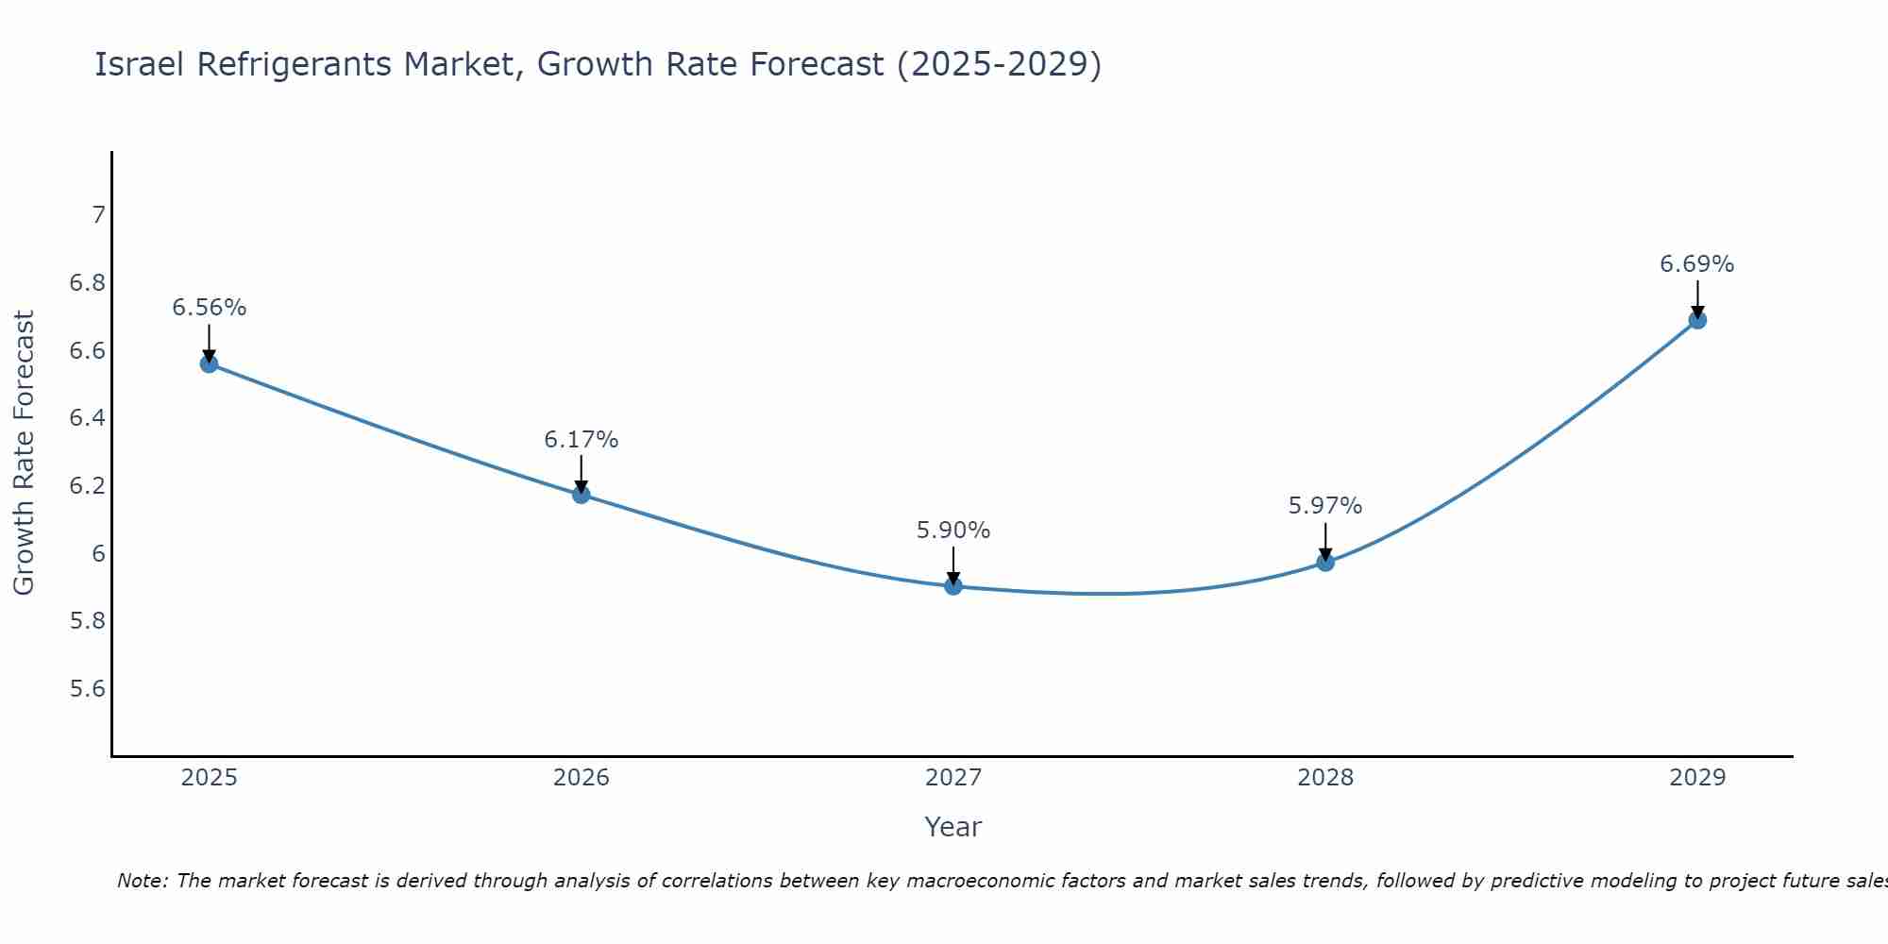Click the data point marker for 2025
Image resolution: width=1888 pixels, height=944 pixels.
pyautogui.click(x=210, y=363)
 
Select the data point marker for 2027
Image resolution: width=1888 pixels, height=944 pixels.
pyautogui.click(x=953, y=586)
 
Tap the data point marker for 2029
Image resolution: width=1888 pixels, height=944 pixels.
pyautogui.click(x=1697, y=320)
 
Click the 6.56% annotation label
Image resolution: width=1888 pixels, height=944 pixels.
pyautogui.click(x=210, y=308)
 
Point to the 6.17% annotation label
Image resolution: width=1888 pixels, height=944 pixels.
pyautogui.click(x=582, y=440)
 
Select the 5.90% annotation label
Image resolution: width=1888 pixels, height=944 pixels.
pyautogui.click(x=953, y=531)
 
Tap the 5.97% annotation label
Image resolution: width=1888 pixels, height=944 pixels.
pyautogui.click(x=1325, y=506)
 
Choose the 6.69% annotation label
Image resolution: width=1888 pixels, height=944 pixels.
pyautogui.click(x=1697, y=264)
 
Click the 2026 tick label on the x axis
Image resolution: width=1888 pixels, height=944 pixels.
pyautogui.click(x=582, y=778)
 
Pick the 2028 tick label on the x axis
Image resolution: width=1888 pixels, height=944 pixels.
pyautogui.click(x=1325, y=778)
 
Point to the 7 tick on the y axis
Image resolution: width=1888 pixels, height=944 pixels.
pyautogui.click(x=98, y=215)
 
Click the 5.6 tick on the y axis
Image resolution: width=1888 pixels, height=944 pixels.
pyautogui.click(x=88, y=689)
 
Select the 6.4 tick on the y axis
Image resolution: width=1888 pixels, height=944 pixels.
pyautogui.click(x=88, y=418)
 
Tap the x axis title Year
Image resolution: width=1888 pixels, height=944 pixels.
pyautogui.click(x=953, y=827)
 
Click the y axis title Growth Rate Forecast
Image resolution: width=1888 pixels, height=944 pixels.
pyautogui.click(x=24, y=453)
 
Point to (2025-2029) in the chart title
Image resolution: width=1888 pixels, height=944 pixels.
pyautogui.click(x=999, y=64)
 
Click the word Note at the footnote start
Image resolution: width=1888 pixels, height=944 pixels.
pyautogui.click(x=142, y=881)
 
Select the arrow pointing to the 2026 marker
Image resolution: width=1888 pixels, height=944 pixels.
pyautogui.click(x=582, y=474)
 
